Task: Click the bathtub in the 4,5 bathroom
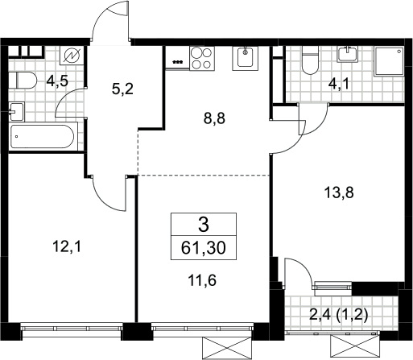click(43, 136)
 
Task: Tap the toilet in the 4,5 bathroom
click(23, 80)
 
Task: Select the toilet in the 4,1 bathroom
click(310, 60)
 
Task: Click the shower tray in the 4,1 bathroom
click(389, 61)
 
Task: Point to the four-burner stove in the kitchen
click(202, 59)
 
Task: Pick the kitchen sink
click(245, 58)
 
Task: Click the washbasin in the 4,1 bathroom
click(348, 55)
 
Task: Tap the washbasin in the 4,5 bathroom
click(16, 111)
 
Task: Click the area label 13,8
click(339, 192)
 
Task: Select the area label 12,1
click(67, 246)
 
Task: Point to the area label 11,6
click(202, 280)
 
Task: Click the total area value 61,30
click(204, 248)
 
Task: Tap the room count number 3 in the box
click(204, 225)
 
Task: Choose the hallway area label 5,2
click(122, 89)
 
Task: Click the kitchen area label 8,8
click(214, 118)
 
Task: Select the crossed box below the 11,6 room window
click(227, 348)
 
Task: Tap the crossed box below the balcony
click(355, 347)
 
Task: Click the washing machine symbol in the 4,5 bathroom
click(72, 56)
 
